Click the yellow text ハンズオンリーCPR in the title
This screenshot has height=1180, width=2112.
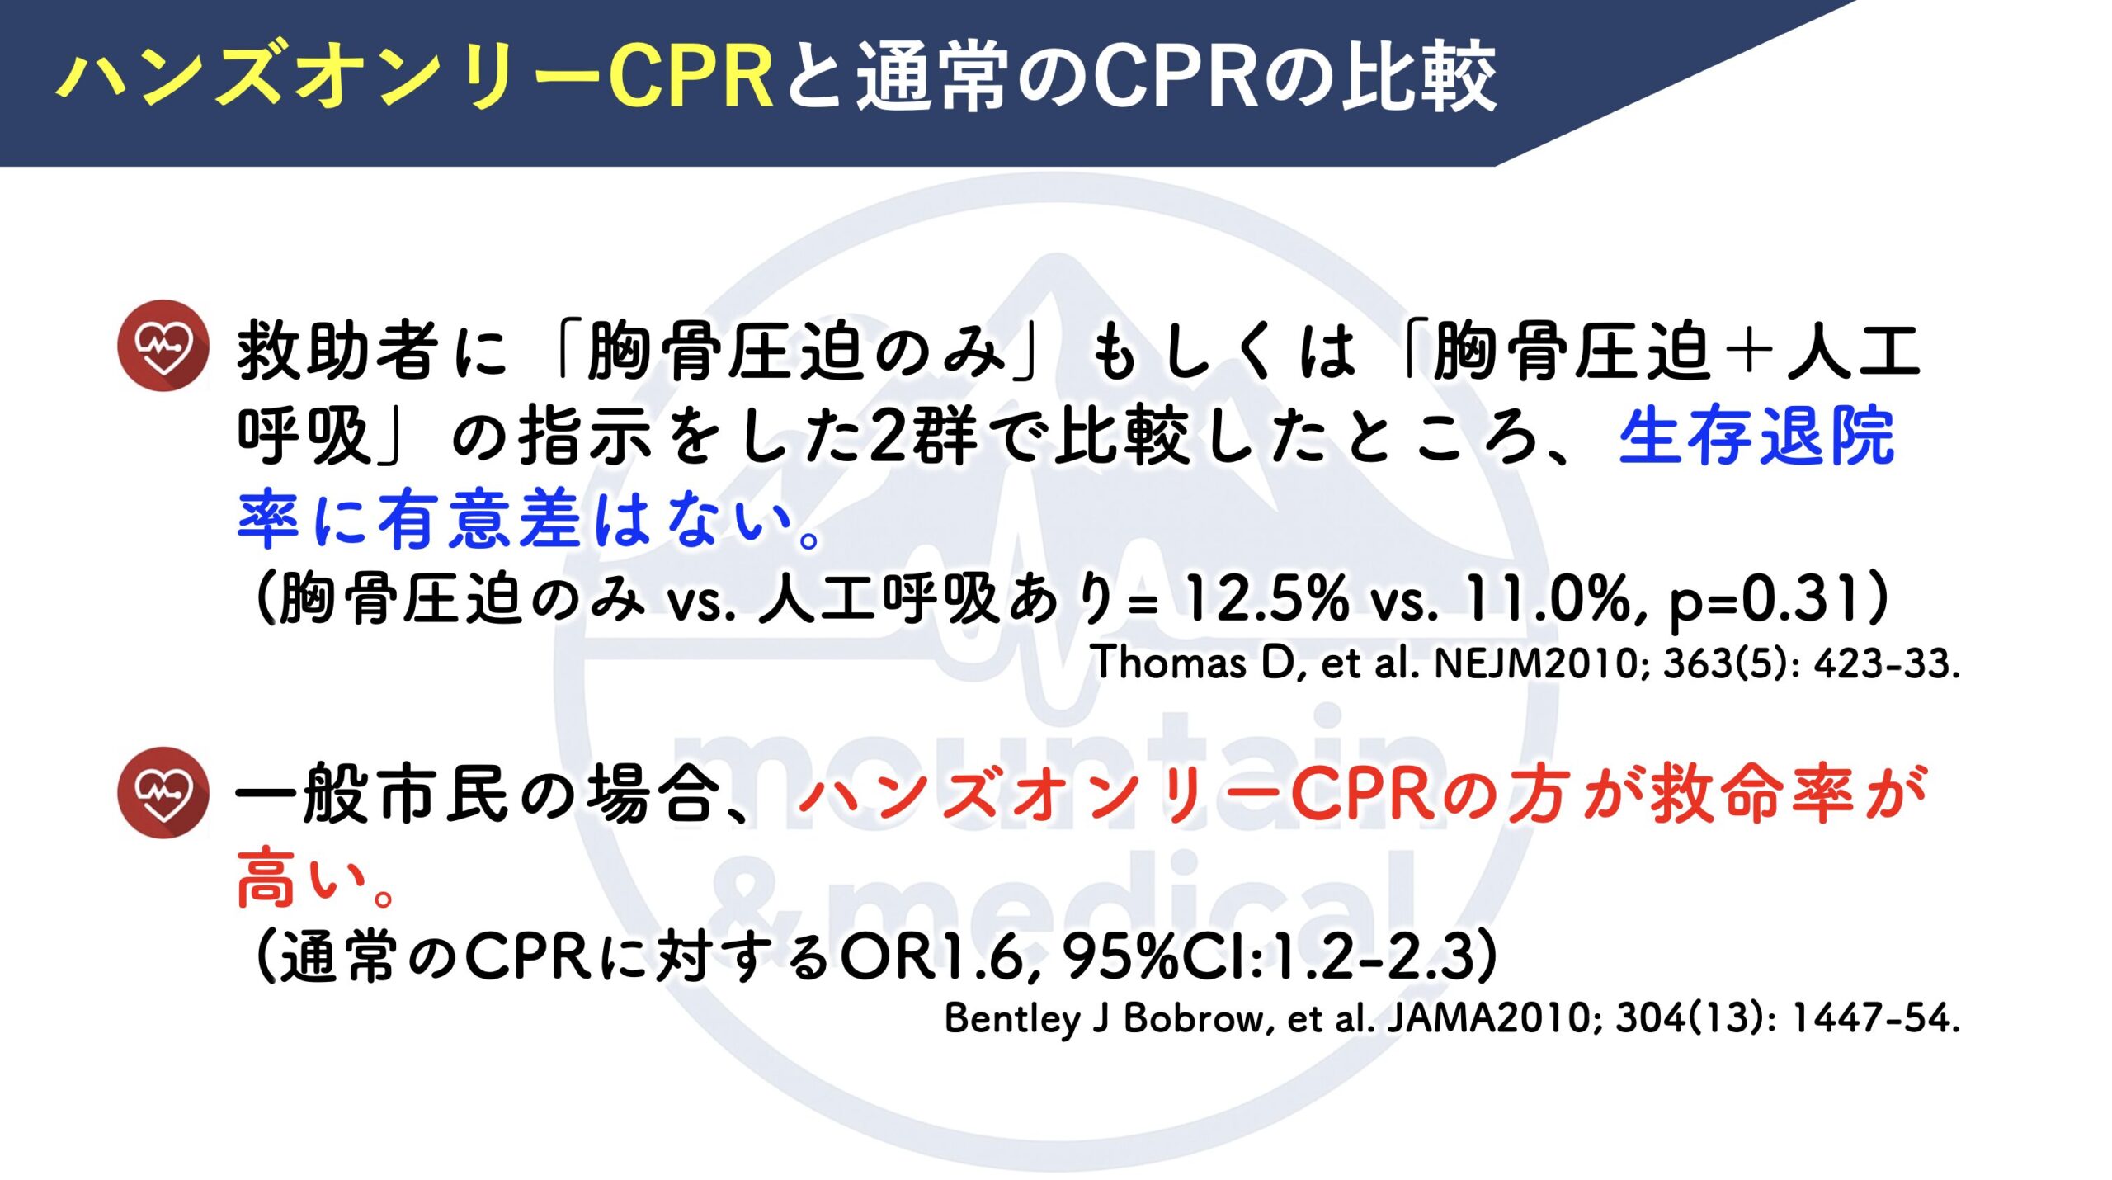point(414,76)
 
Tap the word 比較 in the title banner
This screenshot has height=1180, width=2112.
point(1418,76)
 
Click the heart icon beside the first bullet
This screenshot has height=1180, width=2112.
point(163,345)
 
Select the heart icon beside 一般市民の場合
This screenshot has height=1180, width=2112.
point(163,792)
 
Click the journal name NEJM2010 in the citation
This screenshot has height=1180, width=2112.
point(1535,663)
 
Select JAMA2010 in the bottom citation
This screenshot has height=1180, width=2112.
point(1488,1018)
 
